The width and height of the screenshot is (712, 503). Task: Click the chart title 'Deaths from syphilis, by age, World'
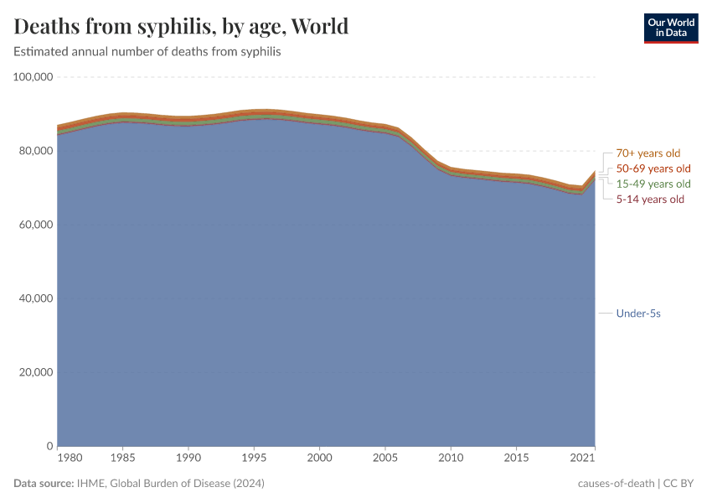tap(181, 27)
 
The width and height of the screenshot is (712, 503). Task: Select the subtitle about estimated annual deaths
tap(147, 52)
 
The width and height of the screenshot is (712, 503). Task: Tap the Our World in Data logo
tap(670, 27)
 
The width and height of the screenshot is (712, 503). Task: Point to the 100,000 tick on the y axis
tap(34, 77)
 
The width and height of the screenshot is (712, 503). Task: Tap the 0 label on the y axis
tap(50, 446)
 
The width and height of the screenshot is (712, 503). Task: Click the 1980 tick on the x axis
tap(70, 459)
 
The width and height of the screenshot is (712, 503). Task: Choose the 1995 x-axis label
tap(254, 459)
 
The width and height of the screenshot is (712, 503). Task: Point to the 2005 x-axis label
tap(384, 459)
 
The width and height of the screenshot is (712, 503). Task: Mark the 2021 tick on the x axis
tap(583, 459)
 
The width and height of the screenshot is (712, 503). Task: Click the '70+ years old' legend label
tap(648, 153)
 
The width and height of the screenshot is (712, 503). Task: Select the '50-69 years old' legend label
tap(653, 169)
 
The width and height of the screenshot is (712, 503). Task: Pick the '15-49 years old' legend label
tap(653, 184)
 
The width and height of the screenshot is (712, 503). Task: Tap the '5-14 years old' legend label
tap(650, 199)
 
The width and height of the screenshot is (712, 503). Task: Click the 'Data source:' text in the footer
tap(43, 484)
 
